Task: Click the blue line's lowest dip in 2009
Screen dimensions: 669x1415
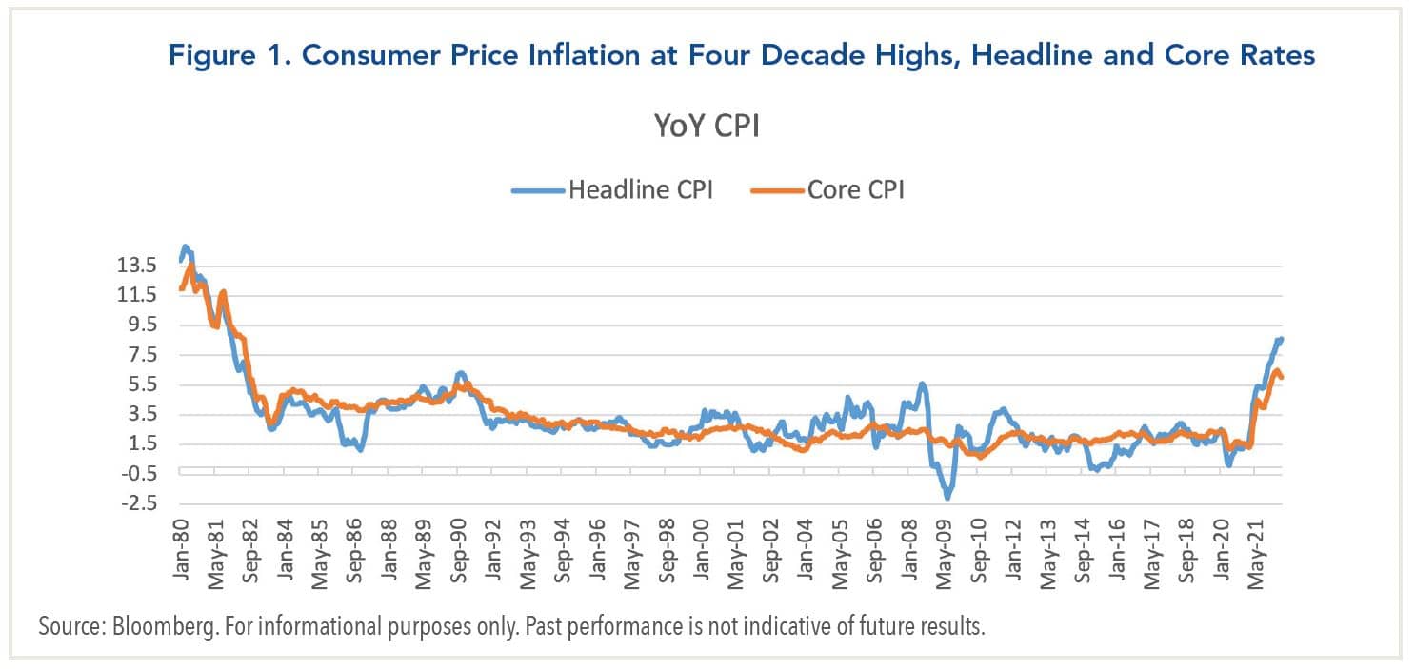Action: click(947, 497)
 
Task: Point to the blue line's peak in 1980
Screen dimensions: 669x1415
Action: click(186, 246)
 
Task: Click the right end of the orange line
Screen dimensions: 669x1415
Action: click(1282, 377)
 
